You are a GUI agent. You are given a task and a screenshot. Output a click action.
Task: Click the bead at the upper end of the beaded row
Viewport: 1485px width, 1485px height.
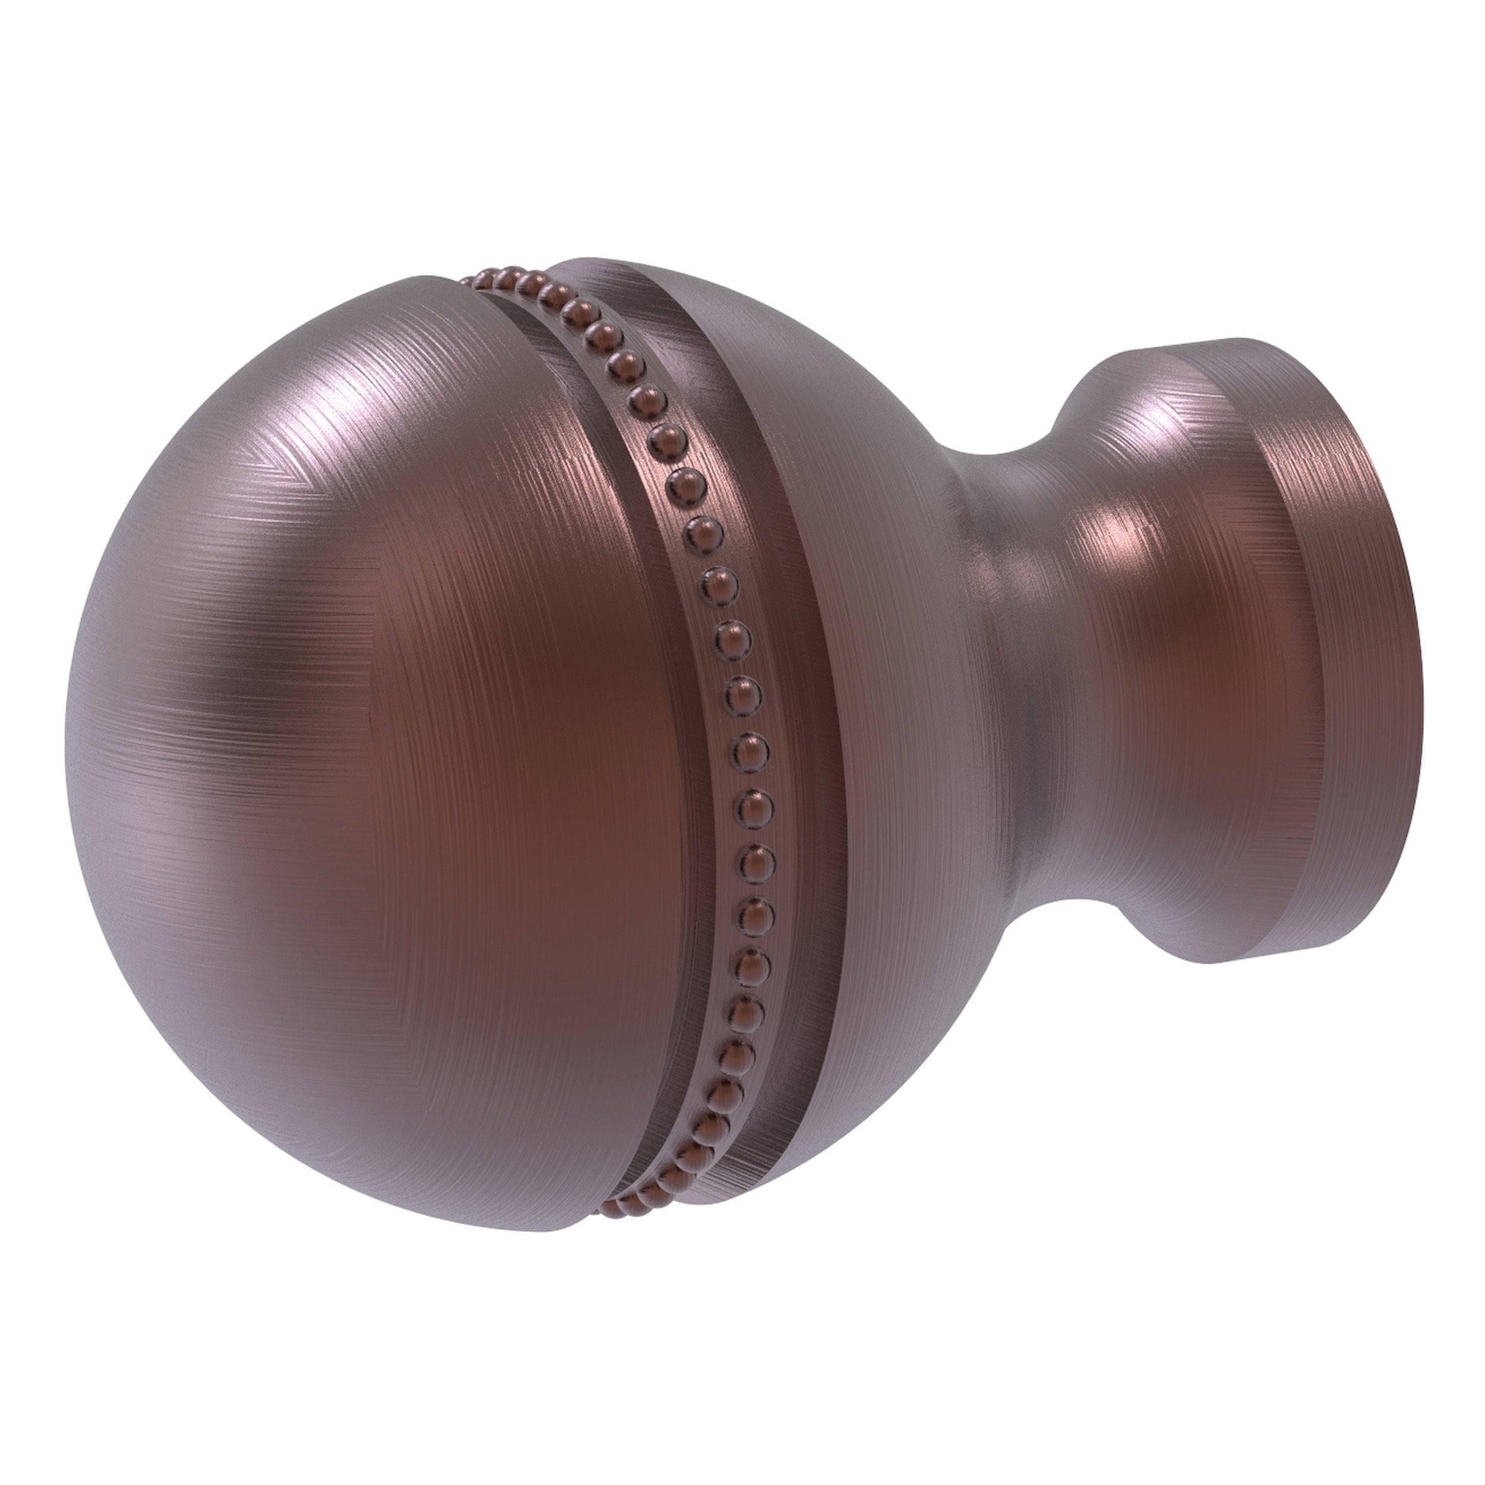point(470,280)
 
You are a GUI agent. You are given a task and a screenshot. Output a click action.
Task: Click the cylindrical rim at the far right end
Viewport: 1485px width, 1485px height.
point(1338,692)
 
